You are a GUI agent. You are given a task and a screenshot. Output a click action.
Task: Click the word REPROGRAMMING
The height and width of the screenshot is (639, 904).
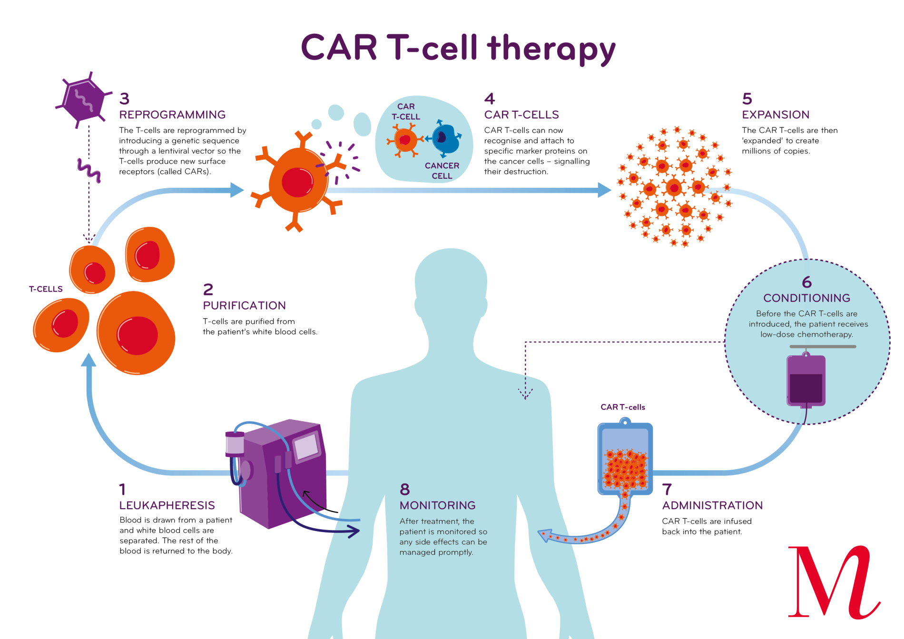(172, 115)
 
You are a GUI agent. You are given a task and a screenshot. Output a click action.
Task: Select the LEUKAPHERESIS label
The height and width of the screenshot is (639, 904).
(167, 505)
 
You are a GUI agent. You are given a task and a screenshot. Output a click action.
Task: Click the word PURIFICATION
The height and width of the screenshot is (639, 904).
(245, 305)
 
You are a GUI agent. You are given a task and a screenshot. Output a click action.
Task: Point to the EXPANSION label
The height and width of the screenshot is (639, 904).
(776, 115)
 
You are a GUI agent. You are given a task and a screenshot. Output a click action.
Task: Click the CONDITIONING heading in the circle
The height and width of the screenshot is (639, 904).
(806, 298)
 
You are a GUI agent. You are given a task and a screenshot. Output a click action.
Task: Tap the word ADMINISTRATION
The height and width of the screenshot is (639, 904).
(712, 505)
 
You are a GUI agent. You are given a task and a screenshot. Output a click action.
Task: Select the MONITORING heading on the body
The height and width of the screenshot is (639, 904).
(437, 505)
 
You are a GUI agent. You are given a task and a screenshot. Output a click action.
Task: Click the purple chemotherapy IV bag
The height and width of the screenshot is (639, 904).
(806, 380)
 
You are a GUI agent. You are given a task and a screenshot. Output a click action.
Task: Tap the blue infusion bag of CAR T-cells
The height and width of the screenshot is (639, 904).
(625, 459)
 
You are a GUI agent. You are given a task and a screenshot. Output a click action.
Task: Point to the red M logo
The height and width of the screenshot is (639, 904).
(833, 582)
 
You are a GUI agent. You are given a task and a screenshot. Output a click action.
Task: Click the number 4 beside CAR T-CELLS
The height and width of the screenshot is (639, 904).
(490, 99)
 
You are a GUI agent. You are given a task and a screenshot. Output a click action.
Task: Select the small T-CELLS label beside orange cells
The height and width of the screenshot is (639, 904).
(46, 289)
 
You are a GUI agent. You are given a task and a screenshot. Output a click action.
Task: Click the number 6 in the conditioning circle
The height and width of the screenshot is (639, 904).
(806, 282)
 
